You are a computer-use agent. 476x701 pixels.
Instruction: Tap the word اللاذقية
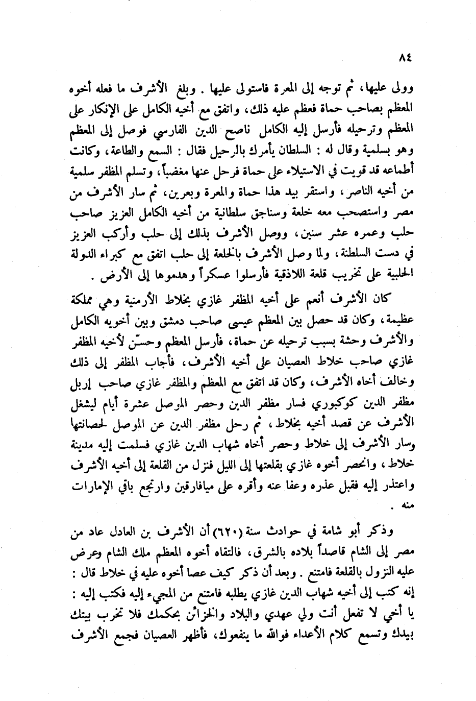pos(230,280)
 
